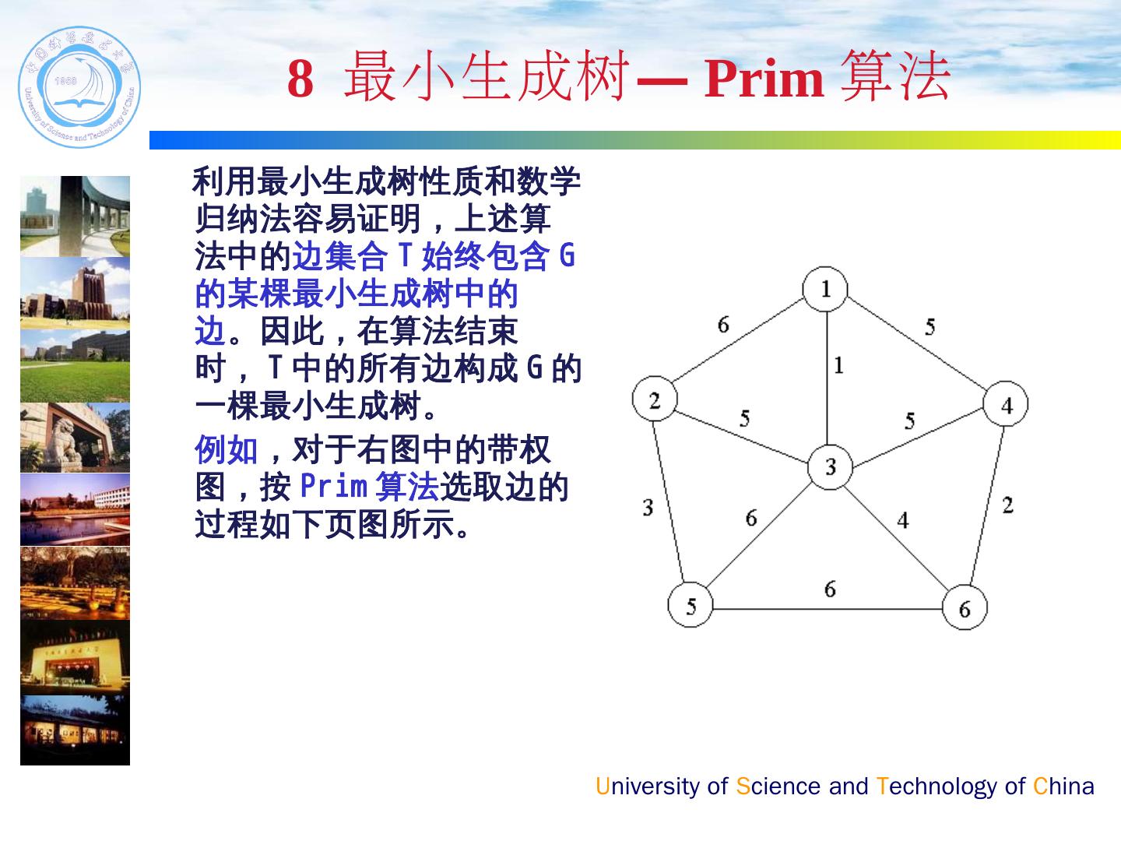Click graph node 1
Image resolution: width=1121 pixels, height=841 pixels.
[825, 289]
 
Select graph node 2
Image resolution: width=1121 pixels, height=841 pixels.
[655, 399]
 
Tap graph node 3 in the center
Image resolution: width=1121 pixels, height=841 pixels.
[830, 466]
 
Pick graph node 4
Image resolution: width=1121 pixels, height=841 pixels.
[1006, 403]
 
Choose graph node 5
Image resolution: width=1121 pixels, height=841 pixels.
[691, 604]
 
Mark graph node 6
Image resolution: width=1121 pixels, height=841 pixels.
[965, 607]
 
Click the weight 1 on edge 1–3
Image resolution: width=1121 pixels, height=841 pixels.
[838, 365]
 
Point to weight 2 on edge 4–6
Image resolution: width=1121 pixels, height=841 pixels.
[1007, 505]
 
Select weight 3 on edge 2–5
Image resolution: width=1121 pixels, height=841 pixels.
[648, 508]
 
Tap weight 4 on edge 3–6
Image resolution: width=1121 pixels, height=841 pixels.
[903, 520]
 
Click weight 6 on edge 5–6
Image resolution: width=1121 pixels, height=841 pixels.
[830, 589]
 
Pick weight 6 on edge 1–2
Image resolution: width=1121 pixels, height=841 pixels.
[723, 324]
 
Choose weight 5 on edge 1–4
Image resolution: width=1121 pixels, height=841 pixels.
[930, 327]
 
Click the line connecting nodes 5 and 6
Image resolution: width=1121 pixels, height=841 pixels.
[828, 609]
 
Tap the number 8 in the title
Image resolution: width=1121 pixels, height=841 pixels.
[300, 79]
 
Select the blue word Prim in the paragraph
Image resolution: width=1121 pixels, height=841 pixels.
[333, 485]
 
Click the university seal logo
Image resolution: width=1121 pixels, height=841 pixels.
[79, 86]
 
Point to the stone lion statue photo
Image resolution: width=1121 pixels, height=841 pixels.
[75, 438]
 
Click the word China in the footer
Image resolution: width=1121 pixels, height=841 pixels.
[1063, 786]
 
